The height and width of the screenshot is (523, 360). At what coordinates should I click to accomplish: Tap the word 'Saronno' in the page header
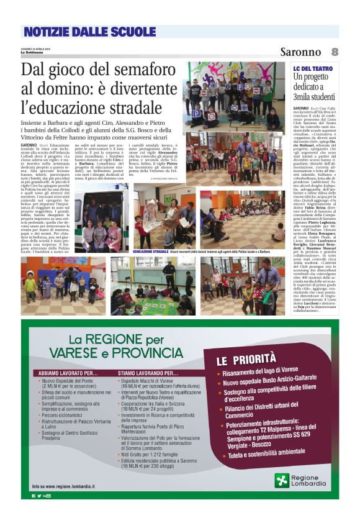tap(300, 52)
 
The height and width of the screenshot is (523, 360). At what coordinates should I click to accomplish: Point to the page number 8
tap(334, 52)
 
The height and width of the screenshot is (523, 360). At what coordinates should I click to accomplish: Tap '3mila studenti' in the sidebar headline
tap(315, 96)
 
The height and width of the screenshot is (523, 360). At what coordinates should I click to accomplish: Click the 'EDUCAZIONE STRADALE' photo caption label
tap(151, 252)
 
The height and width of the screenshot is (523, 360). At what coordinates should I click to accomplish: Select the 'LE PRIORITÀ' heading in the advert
tap(245, 359)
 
